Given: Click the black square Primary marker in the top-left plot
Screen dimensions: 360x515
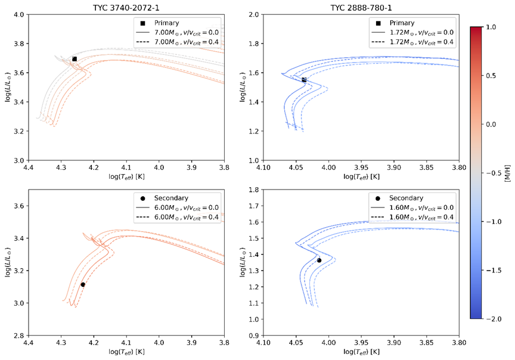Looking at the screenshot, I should tap(75, 59).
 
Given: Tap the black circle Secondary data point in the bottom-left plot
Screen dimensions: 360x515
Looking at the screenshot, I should tap(83, 284).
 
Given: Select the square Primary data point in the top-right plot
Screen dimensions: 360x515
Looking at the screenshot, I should tap(304, 79).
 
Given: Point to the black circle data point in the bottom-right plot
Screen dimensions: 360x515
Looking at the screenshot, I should tap(319, 260).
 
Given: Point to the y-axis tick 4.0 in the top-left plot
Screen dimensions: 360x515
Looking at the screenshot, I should tap(19, 15).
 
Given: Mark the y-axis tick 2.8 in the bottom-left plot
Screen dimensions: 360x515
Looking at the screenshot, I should tap(19, 336).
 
